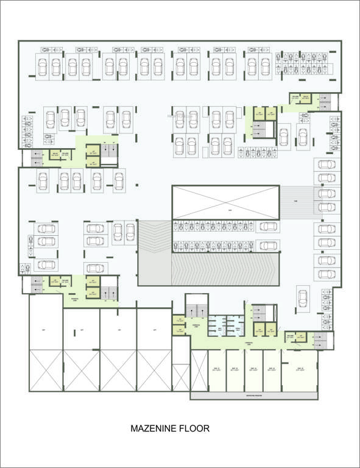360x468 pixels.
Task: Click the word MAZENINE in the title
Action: [152, 429]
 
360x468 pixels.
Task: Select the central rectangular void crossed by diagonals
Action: [225, 202]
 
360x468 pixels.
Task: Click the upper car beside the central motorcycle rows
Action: [269, 227]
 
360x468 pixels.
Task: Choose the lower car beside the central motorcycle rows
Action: [269, 246]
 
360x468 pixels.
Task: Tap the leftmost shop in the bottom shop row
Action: [217, 370]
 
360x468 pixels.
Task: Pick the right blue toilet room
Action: [235, 325]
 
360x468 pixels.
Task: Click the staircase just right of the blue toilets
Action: [263, 313]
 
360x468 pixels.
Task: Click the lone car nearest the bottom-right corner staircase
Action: [303, 298]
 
